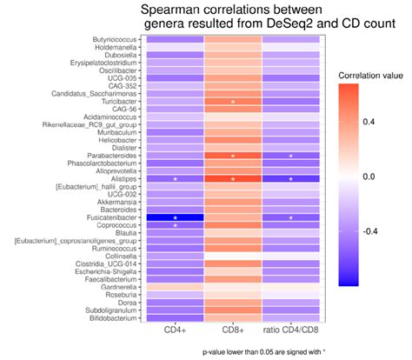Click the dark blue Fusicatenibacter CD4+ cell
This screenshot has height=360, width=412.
175,217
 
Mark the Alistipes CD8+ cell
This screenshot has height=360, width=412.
233,179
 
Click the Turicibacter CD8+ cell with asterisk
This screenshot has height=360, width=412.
233,102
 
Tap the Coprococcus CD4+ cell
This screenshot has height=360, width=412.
175,225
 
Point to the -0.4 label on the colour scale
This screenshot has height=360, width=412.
371,231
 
